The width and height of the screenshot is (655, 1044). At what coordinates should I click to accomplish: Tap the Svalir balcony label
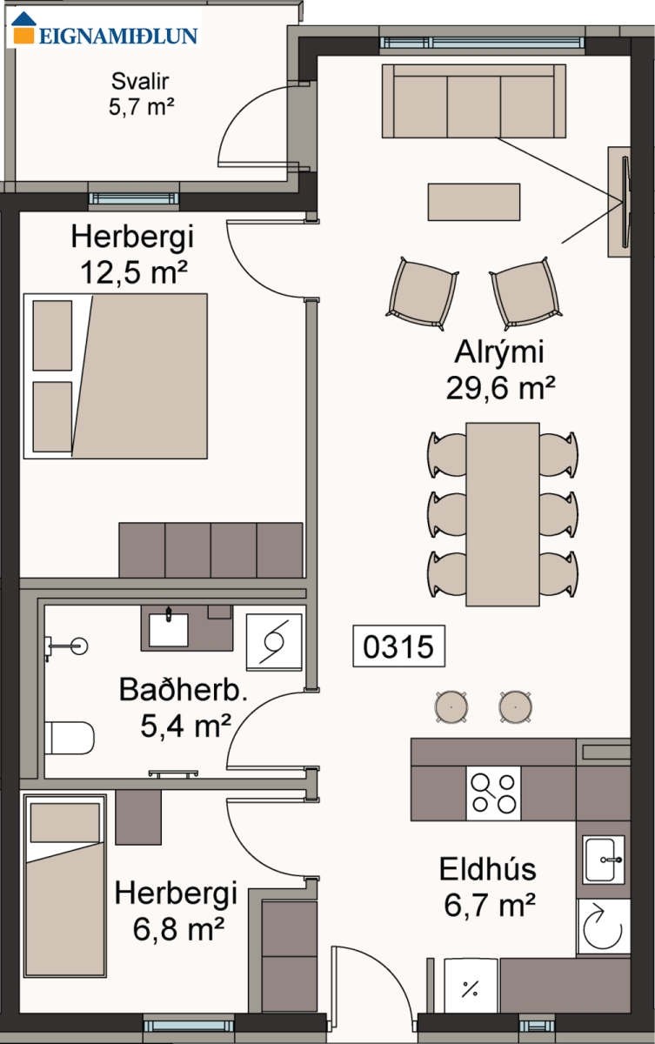click(140, 82)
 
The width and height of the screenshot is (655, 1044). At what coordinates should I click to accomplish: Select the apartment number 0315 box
click(398, 646)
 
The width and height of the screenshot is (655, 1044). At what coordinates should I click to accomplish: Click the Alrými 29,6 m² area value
click(500, 388)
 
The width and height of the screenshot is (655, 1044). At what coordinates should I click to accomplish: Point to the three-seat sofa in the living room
click(474, 101)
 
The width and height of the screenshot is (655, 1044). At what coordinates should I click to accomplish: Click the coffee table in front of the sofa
click(474, 202)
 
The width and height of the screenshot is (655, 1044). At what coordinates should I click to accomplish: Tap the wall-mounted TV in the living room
click(625, 202)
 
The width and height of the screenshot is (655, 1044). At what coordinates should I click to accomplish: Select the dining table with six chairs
click(503, 514)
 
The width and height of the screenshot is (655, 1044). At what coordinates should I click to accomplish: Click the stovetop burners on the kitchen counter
click(493, 793)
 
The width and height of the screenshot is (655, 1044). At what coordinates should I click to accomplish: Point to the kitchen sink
click(604, 860)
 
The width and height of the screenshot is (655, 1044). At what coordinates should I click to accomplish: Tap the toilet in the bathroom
click(70, 738)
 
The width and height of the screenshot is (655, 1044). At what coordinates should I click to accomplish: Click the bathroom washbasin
click(168, 629)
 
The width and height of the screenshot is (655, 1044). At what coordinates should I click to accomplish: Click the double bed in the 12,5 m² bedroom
click(116, 376)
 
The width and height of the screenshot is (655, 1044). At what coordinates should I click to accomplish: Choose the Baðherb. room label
click(183, 690)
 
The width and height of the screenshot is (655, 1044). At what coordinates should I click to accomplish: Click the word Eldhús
click(488, 869)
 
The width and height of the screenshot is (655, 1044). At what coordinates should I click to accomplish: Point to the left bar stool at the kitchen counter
click(451, 706)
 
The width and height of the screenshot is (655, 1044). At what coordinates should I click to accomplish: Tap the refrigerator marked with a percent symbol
click(471, 985)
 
